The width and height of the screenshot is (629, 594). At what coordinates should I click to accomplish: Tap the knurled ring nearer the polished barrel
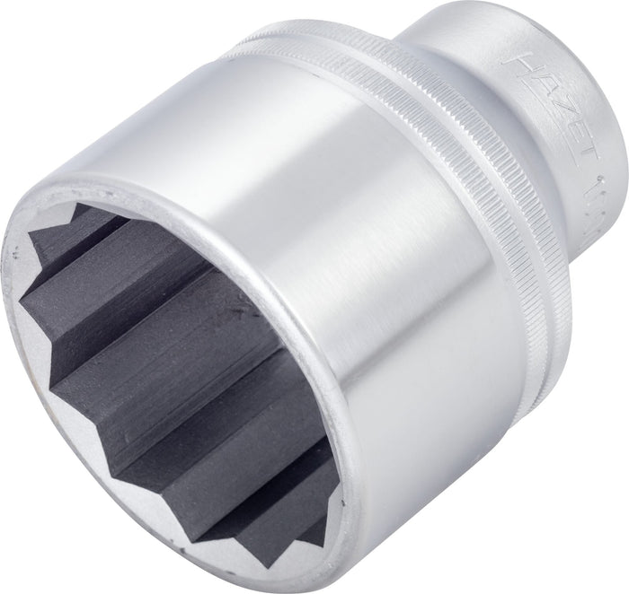pyautogui.click(x=422, y=117)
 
